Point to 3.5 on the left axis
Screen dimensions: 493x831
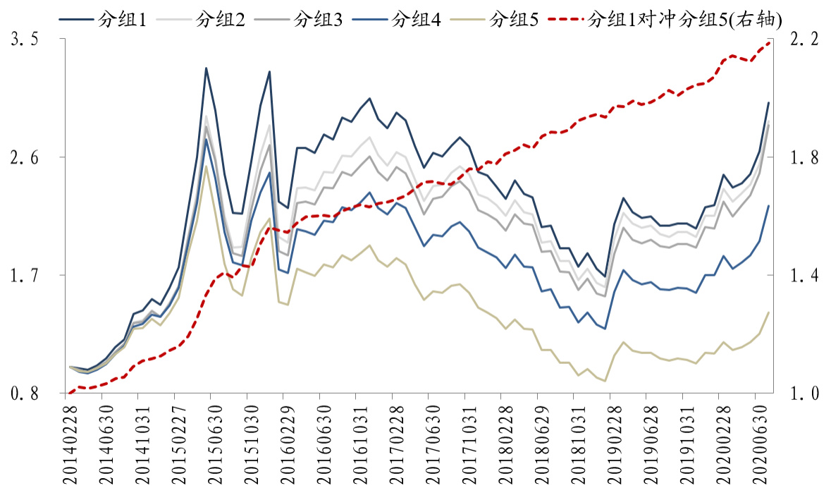[x=26, y=41]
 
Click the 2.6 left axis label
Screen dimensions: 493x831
[x=26, y=158]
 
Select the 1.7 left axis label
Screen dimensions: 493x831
[x=26, y=276]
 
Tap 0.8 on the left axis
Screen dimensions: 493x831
[x=26, y=394]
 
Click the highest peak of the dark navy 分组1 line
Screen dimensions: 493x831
[x=206, y=68]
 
